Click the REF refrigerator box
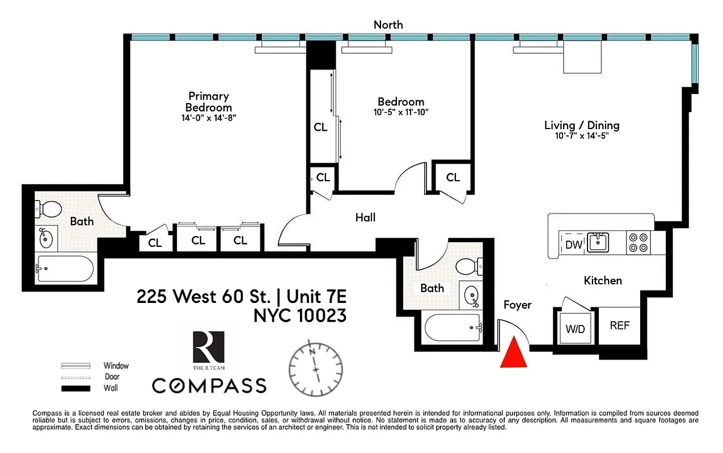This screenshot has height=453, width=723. [619, 326]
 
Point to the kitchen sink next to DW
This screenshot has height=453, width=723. [598, 242]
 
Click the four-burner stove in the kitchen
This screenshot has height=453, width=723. [638, 243]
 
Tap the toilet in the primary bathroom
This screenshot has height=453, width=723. [49, 210]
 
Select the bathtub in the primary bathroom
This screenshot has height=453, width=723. [65, 270]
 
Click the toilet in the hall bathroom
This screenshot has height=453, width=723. [470, 265]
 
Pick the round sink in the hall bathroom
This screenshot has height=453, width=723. [471, 295]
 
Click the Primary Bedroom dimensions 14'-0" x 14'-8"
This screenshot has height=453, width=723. [208, 118]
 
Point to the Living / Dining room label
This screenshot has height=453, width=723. [582, 126]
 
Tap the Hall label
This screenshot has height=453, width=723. [365, 217]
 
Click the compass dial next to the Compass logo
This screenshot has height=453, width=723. [315, 367]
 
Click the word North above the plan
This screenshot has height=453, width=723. [388, 24]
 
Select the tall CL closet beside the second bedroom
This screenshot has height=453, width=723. [320, 127]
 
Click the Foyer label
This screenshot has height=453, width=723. [517, 305]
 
